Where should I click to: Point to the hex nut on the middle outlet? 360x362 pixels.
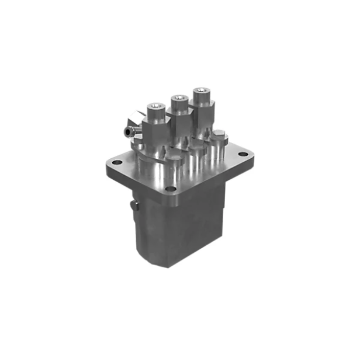180,116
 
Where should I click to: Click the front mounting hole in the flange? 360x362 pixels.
169,189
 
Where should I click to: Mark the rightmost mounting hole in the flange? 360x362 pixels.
243,153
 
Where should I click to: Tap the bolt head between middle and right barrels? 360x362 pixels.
198,147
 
